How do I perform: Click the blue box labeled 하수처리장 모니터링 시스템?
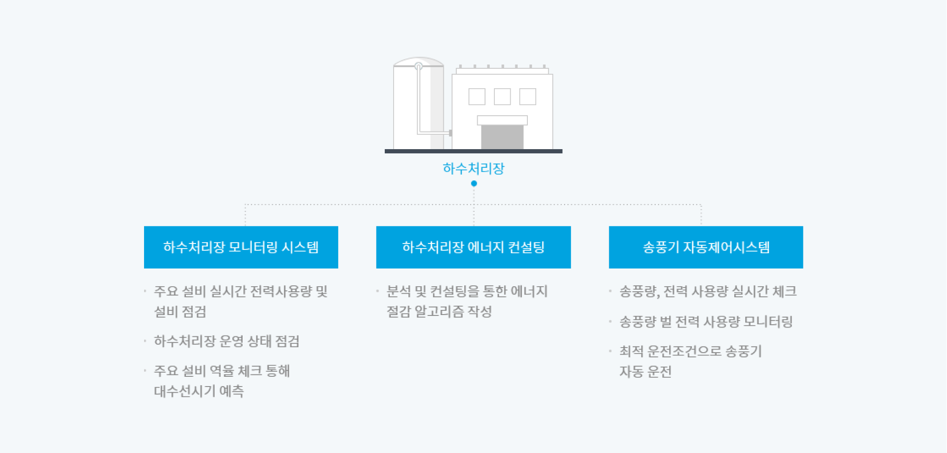[241, 247]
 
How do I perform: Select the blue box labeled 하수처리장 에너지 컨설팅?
[473, 247]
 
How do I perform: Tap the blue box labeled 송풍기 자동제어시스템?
[706, 247]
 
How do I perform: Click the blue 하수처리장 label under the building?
[473, 168]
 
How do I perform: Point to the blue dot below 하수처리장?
[474, 184]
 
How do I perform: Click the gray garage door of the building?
[502, 137]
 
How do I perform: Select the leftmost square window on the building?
[477, 97]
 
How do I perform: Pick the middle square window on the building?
[502, 97]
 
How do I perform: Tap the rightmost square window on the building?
[528, 97]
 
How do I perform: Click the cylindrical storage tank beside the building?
[418, 105]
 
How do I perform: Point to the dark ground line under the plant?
[473, 151]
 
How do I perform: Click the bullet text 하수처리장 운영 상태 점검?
[227, 341]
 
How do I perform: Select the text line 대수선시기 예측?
[199, 391]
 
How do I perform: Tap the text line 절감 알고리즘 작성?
[439, 311]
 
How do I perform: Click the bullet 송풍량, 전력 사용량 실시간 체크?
[708, 291]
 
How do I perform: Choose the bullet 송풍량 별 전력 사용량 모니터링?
[706, 322]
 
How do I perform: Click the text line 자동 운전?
[645, 372]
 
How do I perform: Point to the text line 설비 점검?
[180, 311]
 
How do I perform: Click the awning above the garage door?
[502, 120]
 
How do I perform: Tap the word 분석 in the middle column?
[399, 291]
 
